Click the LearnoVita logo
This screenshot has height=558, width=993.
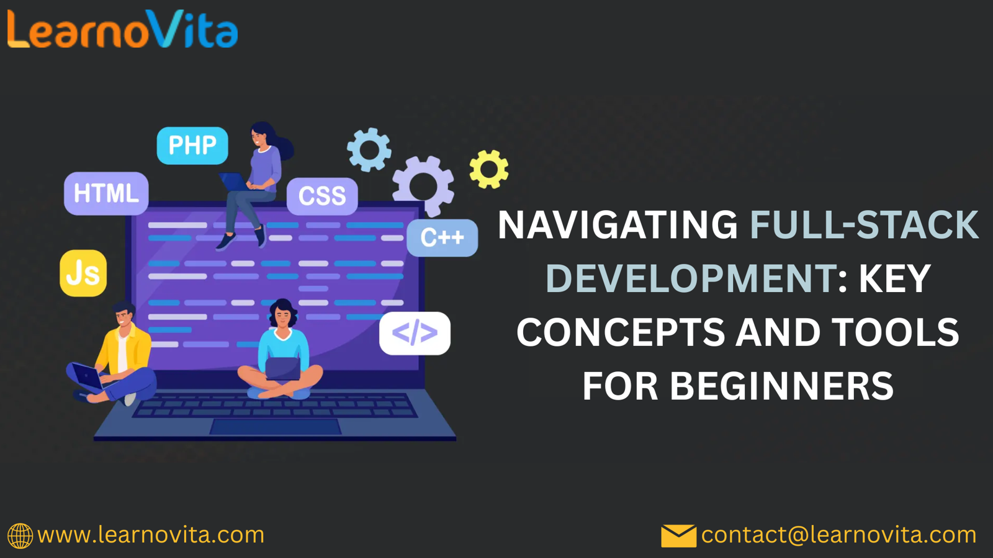(122, 29)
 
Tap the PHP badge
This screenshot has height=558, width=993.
(192, 145)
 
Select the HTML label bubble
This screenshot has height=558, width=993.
(106, 193)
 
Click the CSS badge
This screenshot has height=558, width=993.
(322, 196)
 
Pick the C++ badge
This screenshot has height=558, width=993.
(443, 238)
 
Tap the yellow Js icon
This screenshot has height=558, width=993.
(83, 273)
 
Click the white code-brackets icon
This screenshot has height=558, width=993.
(415, 334)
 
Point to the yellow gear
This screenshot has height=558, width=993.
(489, 169)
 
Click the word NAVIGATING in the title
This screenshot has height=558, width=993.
(618, 225)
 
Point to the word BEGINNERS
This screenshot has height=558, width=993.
(782, 386)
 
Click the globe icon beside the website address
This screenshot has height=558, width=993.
(20, 536)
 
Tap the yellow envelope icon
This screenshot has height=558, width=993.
(679, 536)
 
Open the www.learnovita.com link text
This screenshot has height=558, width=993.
(151, 535)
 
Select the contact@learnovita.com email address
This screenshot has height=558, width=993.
(838, 535)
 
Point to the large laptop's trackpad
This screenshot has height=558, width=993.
(276, 427)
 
